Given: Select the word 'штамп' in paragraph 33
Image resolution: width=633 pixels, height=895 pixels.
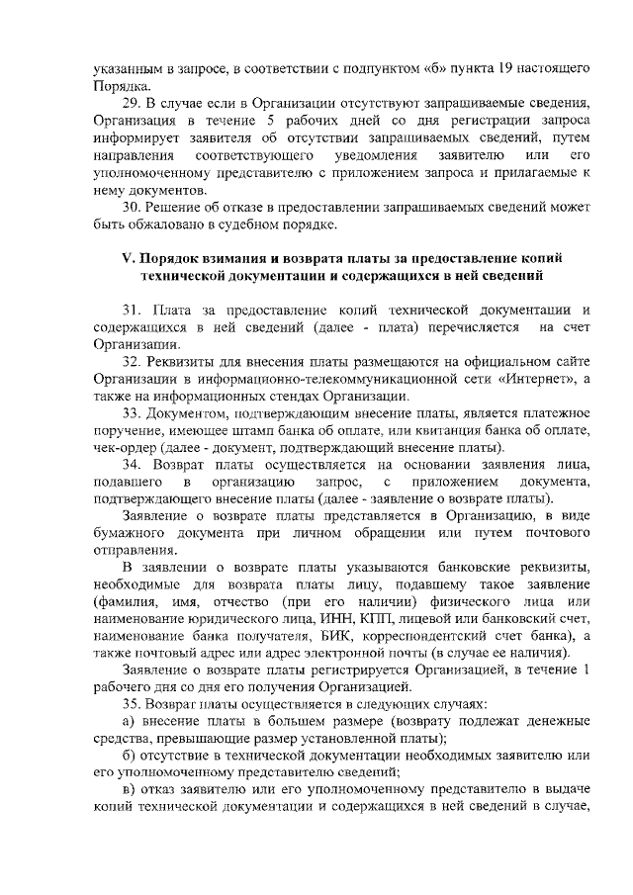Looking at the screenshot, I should [274, 429].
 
